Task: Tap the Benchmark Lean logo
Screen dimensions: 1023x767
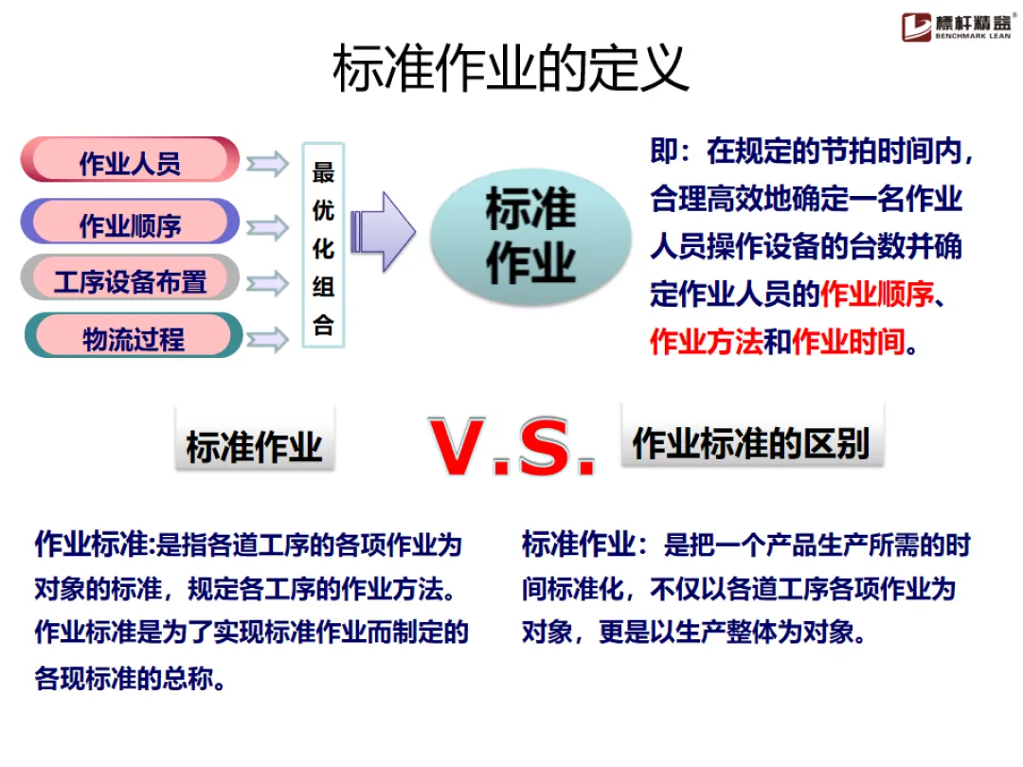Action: (x=957, y=26)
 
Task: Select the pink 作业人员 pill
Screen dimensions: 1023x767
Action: (x=130, y=161)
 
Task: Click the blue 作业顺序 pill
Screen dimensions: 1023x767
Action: (x=130, y=223)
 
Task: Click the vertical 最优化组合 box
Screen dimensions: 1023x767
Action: (x=323, y=245)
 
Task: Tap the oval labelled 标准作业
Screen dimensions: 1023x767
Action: (x=530, y=238)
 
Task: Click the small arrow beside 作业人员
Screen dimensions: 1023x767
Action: (x=267, y=164)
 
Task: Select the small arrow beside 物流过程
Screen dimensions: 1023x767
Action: (x=267, y=338)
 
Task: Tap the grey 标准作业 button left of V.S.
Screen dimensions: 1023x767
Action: (x=254, y=446)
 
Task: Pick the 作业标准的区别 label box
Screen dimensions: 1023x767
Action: (x=751, y=442)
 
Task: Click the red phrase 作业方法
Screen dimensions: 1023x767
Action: (x=707, y=341)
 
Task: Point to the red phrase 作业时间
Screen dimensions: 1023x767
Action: (x=848, y=341)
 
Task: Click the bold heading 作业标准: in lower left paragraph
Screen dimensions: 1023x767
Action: (x=94, y=545)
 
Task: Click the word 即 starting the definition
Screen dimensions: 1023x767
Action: (x=664, y=152)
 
